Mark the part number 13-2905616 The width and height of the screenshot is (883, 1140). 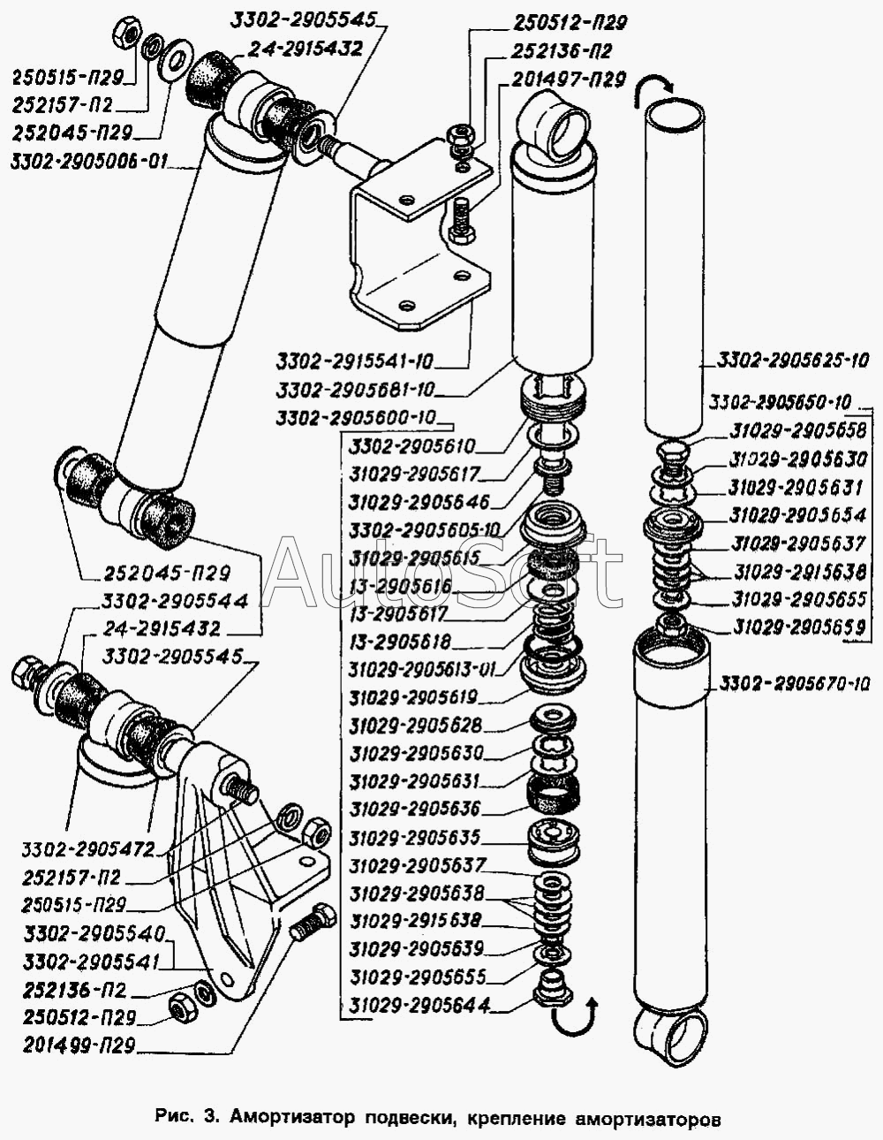400,586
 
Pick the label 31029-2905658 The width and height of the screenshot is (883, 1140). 799,430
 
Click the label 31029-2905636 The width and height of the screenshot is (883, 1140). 415,809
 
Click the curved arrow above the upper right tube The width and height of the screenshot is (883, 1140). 654,84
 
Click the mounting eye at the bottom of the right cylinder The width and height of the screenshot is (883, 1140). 671,1037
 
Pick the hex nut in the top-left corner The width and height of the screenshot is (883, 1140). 126,34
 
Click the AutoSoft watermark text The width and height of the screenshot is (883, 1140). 441,572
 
